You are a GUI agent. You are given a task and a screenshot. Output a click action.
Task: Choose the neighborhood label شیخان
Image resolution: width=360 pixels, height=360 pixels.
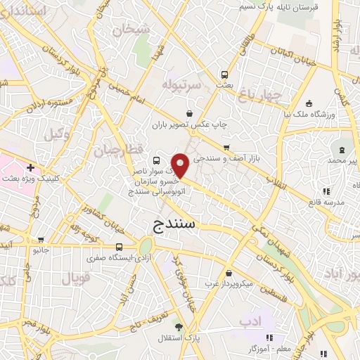(136, 30)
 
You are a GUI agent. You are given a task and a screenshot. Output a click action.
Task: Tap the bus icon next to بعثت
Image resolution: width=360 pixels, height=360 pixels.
(224, 74)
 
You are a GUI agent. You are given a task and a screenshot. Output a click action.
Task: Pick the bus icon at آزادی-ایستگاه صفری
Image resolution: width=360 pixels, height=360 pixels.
(120, 247)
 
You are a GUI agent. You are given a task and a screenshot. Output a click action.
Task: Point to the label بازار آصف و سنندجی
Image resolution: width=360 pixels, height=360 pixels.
(226, 159)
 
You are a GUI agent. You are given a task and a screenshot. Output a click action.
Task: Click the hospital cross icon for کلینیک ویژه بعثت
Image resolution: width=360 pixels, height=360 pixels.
(30, 168)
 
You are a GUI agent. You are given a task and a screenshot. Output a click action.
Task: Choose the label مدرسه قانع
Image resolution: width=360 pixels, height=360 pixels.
(324, 202)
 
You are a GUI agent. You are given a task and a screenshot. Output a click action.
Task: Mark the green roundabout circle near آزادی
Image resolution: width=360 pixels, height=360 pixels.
(146, 246)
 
